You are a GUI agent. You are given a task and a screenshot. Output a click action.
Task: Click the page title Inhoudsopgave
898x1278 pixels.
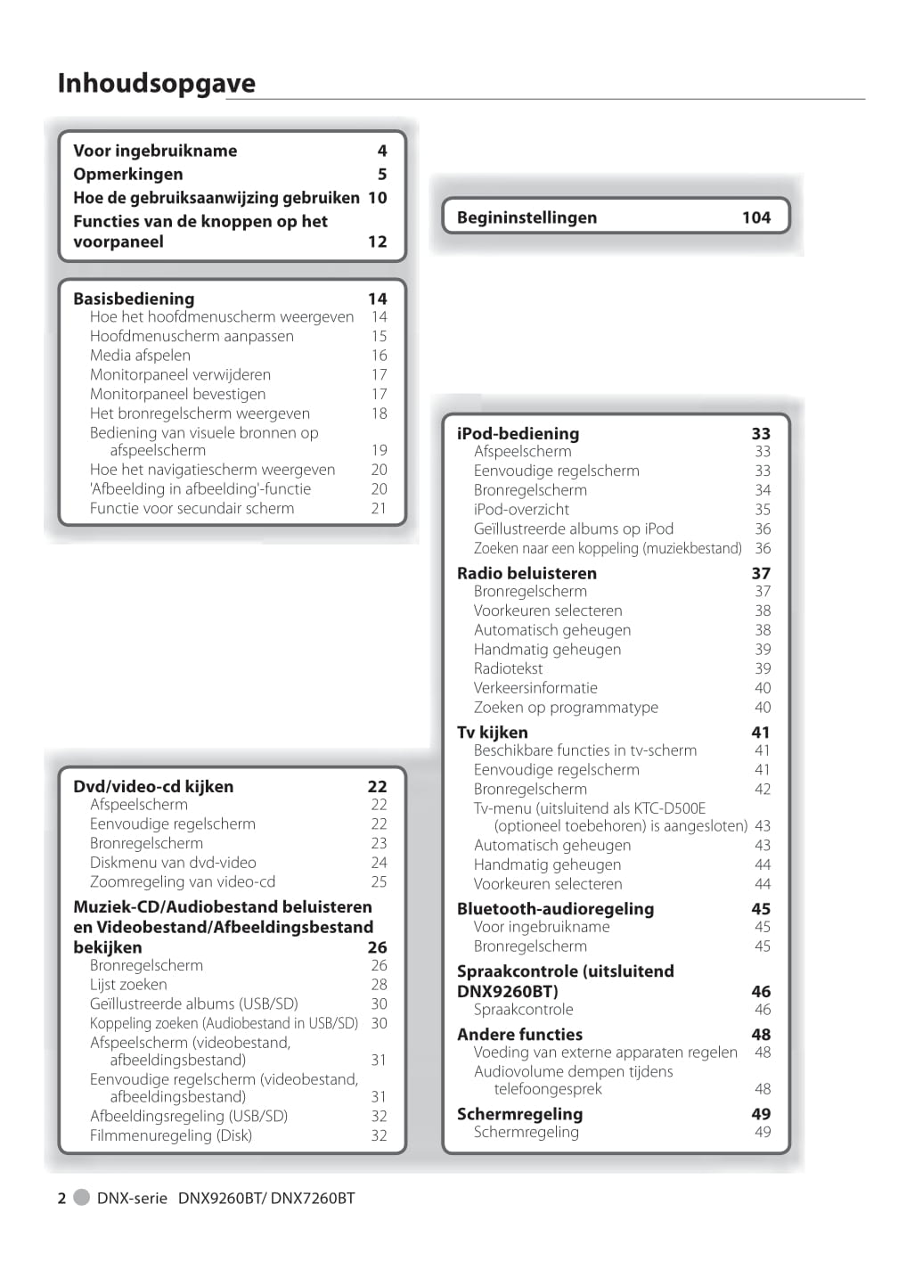tap(156, 83)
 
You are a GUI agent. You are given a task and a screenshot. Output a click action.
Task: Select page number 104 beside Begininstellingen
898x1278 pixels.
tap(755, 217)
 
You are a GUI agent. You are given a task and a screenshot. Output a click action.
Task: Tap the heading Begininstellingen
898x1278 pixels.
tap(527, 217)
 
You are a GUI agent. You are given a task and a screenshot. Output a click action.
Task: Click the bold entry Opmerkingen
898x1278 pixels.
tap(127, 174)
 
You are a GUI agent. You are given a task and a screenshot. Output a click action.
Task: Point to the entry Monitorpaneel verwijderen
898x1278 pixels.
tap(180, 374)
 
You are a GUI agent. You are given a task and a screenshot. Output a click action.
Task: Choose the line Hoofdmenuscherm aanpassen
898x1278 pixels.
tap(192, 336)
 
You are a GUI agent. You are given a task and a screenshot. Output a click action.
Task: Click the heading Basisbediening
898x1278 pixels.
tap(134, 299)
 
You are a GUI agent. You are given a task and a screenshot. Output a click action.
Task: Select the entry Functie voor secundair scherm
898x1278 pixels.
tap(192, 508)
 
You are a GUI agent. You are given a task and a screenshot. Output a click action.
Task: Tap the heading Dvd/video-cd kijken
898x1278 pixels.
tap(153, 786)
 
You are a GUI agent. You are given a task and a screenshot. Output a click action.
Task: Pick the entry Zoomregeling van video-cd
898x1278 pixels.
tap(183, 881)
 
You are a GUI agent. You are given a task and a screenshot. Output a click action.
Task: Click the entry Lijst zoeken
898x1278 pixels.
tap(128, 984)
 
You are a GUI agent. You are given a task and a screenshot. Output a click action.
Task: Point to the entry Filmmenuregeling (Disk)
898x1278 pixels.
tap(170, 1135)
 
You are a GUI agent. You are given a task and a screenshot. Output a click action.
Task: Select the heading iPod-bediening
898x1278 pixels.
tap(518, 433)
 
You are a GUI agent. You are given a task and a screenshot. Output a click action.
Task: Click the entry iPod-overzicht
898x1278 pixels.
tap(521, 509)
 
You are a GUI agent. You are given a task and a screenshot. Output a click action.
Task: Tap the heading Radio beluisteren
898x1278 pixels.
tap(527, 573)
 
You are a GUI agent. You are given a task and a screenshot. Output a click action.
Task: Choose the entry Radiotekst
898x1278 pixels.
tap(508, 668)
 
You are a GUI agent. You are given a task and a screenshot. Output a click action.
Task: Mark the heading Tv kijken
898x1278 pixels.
tap(492, 732)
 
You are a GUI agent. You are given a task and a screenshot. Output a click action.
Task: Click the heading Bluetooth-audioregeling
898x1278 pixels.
tap(555, 908)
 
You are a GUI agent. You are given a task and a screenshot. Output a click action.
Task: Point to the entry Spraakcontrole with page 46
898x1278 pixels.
tap(523, 1009)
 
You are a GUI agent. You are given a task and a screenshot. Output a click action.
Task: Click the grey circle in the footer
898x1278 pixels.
tap(81, 1197)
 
